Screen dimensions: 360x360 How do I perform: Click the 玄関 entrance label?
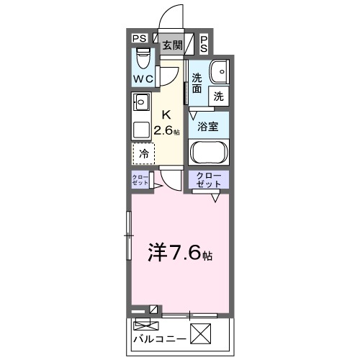(x=171, y=45)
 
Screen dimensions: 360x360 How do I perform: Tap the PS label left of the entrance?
(x=140, y=39)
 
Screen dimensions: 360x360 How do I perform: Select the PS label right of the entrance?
(x=204, y=43)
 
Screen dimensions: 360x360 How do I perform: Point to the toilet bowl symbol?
(x=143, y=56)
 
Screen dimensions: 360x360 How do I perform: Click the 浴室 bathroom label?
(x=209, y=125)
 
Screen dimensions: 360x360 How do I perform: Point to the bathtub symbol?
(x=209, y=152)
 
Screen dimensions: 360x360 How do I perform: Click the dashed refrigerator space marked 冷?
(x=143, y=153)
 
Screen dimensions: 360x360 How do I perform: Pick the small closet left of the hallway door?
(x=140, y=180)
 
